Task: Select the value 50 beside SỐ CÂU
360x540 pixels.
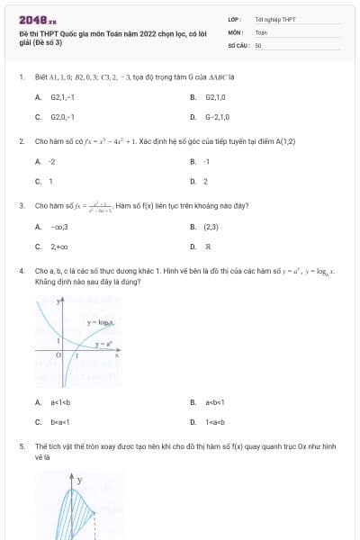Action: pos(258,44)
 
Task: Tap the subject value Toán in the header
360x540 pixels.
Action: pos(261,31)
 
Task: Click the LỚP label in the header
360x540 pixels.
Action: pos(233,19)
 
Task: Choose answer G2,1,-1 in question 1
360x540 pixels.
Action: pos(62,96)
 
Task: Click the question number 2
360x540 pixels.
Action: pos(21,141)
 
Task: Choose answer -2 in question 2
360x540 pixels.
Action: pos(52,161)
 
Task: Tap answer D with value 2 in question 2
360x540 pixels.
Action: pos(206,181)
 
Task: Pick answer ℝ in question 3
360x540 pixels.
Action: pos(208,247)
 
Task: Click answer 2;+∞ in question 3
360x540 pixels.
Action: pos(59,247)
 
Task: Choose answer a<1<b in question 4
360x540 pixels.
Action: pos(60,401)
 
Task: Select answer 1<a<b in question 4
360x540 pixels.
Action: pos(214,421)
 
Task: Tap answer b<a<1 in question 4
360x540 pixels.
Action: pos(60,421)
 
